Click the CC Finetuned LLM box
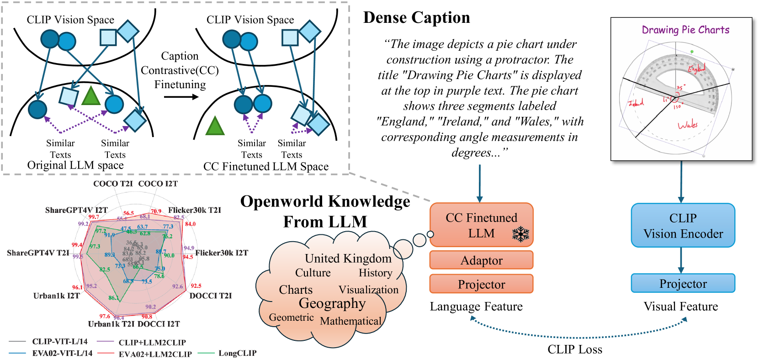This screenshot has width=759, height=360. [481, 225]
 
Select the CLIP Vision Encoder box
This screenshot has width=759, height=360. [683, 226]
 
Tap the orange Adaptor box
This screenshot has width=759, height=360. [481, 260]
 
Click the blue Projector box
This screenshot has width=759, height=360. [683, 284]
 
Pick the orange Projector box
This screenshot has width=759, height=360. [481, 285]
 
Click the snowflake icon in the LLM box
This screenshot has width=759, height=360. [520, 234]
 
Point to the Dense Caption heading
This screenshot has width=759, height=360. [416, 18]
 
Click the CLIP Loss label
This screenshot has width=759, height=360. [574, 349]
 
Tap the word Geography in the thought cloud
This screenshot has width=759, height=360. [332, 303]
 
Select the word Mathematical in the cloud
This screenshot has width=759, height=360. [350, 321]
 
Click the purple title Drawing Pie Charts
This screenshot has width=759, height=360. [685, 30]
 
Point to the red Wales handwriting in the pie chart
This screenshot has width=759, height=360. [687, 125]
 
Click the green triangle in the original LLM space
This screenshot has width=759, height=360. [91, 96]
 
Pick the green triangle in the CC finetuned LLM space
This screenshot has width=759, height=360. [215, 126]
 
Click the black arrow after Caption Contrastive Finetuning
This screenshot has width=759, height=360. [181, 97]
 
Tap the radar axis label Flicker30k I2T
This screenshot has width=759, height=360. [222, 253]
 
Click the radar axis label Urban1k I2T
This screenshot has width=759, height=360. [56, 296]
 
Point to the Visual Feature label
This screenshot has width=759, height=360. [680, 307]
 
